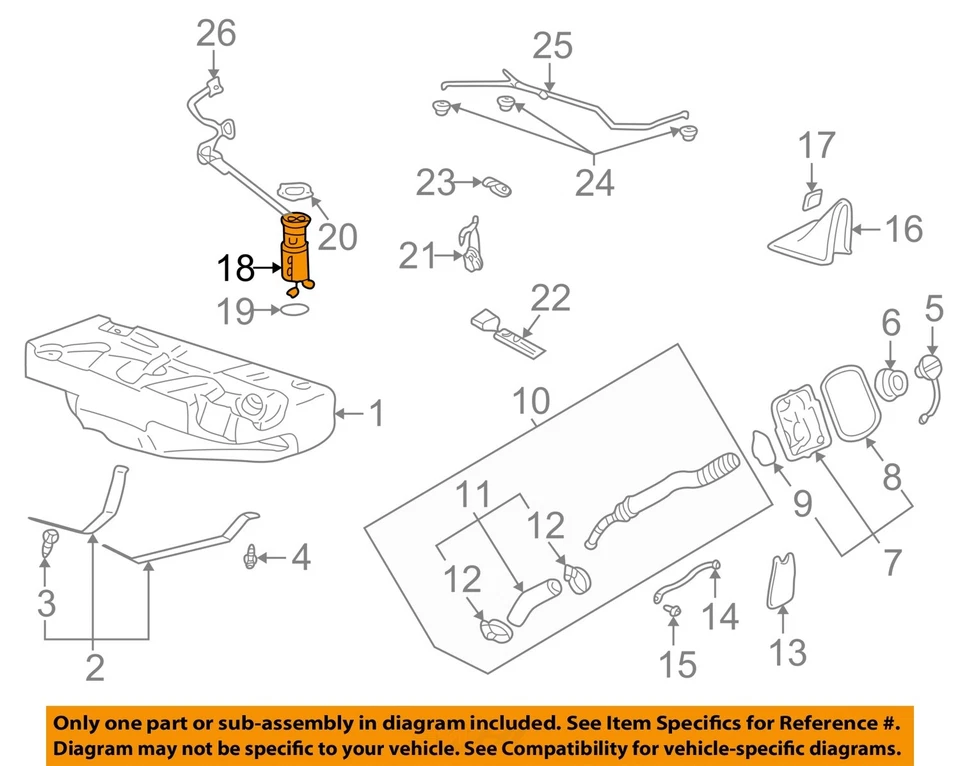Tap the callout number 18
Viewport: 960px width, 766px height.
pos(237,268)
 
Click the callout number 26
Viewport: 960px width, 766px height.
pos(215,34)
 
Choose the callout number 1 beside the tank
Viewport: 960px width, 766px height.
pos(376,413)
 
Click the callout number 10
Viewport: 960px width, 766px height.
pos(531,401)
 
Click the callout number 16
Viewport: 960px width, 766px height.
pos(904,230)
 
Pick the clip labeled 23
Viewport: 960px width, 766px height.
pos(496,185)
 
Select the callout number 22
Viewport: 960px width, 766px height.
pos(550,299)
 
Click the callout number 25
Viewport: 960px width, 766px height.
pos(551,45)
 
